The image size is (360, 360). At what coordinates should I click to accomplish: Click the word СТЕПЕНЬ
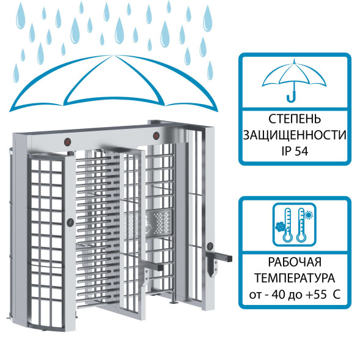pyautogui.click(x=295, y=119)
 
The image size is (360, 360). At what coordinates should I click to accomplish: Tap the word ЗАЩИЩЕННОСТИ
pyautogui.click(x=295, y=135)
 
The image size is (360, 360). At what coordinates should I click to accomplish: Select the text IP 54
pyautogui.click(x=295, y=151)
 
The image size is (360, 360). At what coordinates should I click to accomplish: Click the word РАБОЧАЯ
pyautogui.click(x=295, y=262)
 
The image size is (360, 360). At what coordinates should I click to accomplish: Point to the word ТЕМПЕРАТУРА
pyautogui.click(x=295, y=278)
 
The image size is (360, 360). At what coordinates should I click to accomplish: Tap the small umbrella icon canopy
pyautogui.click(x=295, y=74)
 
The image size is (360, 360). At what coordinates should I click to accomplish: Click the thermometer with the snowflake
pyautogui.click(x=287, y=224)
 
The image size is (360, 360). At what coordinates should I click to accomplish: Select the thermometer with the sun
pyautogui.click(x=301, y=224)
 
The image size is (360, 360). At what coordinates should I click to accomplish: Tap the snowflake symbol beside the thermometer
pyautogui.click(x=280, y=227)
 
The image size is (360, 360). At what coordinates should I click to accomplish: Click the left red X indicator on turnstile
pyautogui.click(x=67, y=142)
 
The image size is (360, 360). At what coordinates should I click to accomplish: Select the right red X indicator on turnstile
pyautogui.click(x=156, y=136)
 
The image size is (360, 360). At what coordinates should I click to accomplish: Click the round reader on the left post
pyautogui.click(x=70, y=222)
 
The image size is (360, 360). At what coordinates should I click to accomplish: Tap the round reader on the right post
pyautogui.click(x=210, y=246)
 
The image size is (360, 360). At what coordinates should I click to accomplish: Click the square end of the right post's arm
pyautogui.click(x=230, y=259)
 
